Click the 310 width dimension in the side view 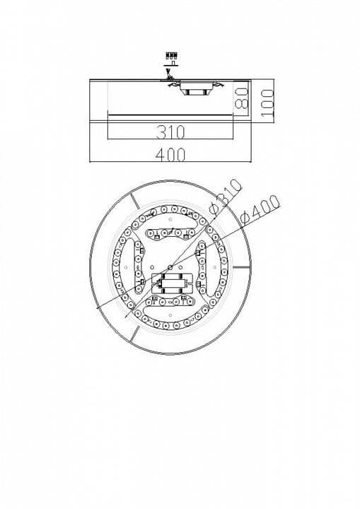[170, 132]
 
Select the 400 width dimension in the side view [170, 155]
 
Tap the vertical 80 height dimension [241, 98]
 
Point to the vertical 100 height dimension [267, 103]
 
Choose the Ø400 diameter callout [260, 210]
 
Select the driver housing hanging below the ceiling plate [196, 88]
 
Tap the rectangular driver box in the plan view [172, 283]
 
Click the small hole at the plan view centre [170, 267]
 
